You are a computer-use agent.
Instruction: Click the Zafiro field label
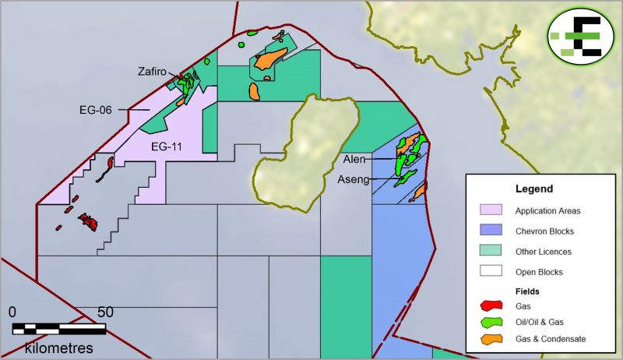pos(152,71)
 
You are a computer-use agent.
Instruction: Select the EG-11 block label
pos(167,146)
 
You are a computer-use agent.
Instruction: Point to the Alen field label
pos(354,159)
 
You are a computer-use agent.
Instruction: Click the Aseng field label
pos(353,180)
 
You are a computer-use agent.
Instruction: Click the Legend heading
pos(534,189)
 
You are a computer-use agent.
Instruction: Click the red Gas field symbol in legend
pos(491,305)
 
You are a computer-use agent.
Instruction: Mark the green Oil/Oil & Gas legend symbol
pos(491,322)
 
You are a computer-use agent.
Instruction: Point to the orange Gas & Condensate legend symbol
pos(491,339)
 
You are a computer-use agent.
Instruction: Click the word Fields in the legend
pos(528,291)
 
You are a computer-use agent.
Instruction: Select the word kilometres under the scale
pos(59,345)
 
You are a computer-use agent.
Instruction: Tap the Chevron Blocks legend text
pos(544,231)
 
